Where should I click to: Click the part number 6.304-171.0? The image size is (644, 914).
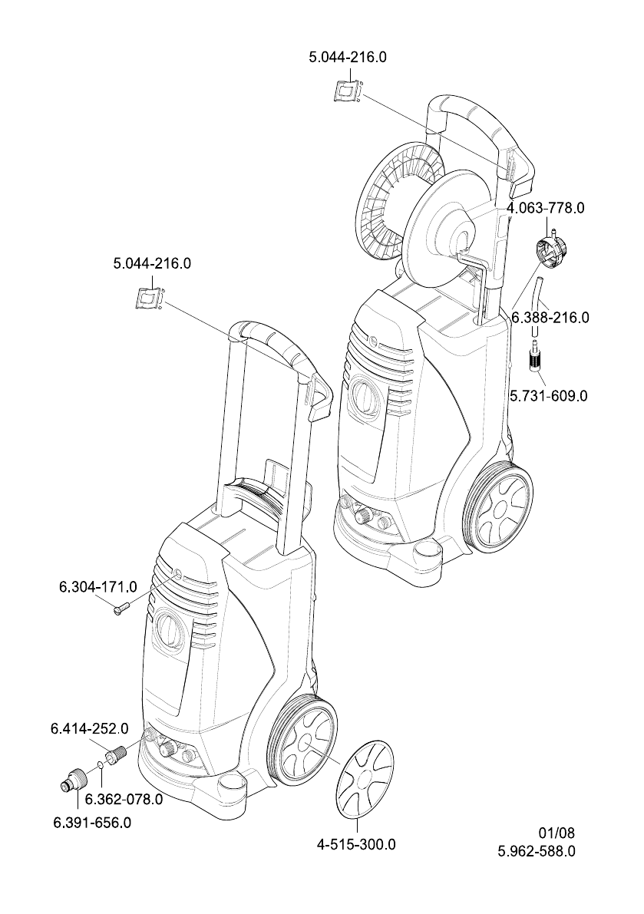pyautogui.click(x=97, y=587)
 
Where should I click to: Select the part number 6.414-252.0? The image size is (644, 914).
pyautogui.click(x=89, y=728)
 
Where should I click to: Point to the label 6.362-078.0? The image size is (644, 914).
pyautogui.click(x=123, y=799)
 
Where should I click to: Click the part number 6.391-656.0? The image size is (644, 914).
pyautogui.click(x=91, y=823)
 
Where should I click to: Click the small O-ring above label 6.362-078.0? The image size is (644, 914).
pyautogui.click(x=101, y=766)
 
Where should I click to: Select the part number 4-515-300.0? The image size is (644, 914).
pyautogui.click(x=356, y=845)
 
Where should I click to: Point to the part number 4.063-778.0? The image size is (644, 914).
pyautogui.click(x=546, y=207)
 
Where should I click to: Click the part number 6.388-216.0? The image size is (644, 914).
pyautogui.click(x=550, y=316)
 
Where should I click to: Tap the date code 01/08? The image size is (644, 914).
pyautogui.click(x=556, y=833)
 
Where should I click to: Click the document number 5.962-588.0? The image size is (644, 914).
pyautogui.click(x=537, y=851)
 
